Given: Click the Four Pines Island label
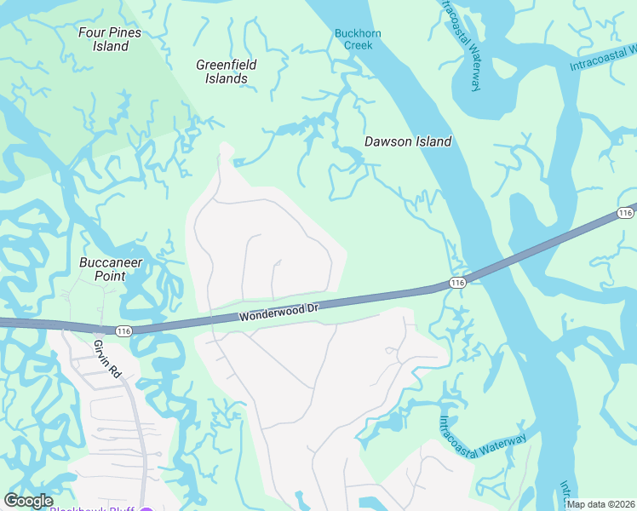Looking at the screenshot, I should pyautogui.click(x=110, y=39).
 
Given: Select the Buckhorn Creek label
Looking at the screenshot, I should pyautogui.click(x=359, y=39).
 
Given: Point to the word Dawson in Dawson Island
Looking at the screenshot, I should pyautogui.click(x=388, y=142).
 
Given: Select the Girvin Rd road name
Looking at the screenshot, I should pyautogui.click(x=103, y=357).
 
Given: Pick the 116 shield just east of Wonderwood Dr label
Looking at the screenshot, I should pyautogui.click(x=457, y=282).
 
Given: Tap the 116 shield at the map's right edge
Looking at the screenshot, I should pyautogui.click(x=626, y=211).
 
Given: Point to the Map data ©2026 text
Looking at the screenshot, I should pyautogui.click(x=600, y=504).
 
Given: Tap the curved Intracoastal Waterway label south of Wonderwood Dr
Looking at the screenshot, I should pyautogui.click(x=482, y=438).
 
